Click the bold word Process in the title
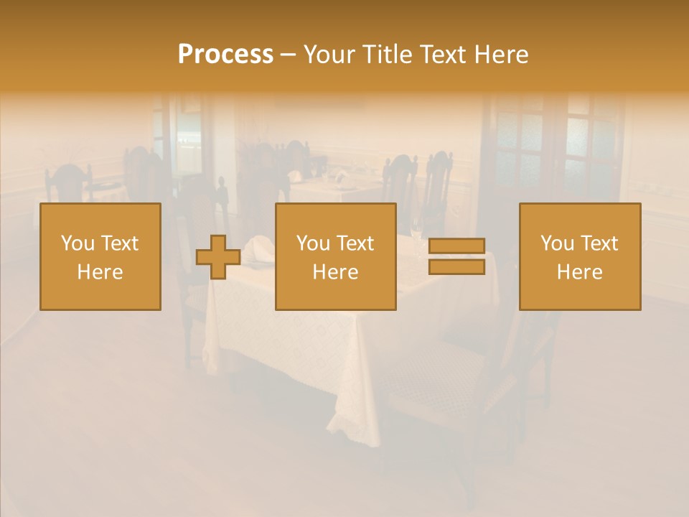(225, 55)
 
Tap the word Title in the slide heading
(387, 55)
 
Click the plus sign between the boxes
(218, 257)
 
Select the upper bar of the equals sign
(456, 246)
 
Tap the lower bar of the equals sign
(456, 267)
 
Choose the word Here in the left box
(100, 272)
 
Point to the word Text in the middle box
(356, 243)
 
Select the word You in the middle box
(314, 243)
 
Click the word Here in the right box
(579, 272)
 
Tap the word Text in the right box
(600, 243)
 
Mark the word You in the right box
(558, 243)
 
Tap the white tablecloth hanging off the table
(287, 359)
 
